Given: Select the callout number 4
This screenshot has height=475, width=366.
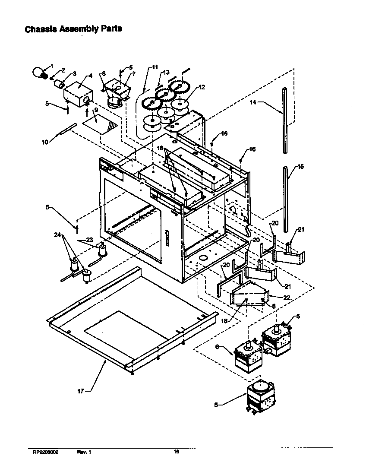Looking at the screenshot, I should pyautogui.click(x=90, y=76).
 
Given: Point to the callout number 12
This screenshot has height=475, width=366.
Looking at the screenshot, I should pyautogui.click(x=202, y=87).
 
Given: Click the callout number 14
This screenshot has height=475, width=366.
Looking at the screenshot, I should pyautogui.click(x=253, y=102).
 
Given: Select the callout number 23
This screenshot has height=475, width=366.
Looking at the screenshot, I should pyautogui.click(x=89, y=240).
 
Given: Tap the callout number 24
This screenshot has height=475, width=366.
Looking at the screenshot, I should pyautogui.click(x=57, y=235).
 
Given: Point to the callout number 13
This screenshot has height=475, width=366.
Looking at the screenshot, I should pyautogui.click(x=166, y=72).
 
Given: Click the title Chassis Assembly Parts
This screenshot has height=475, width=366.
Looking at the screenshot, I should pyautogui.click(x=73, y=29).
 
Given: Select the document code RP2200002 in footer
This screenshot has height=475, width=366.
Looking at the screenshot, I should pyautogui.click(x=45, y=452).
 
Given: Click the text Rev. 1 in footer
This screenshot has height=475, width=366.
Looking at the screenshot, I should pyautogui.click(x=84, y=452).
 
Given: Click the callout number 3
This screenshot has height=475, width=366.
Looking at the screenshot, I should pyautogui.click(x=74, y=73).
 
